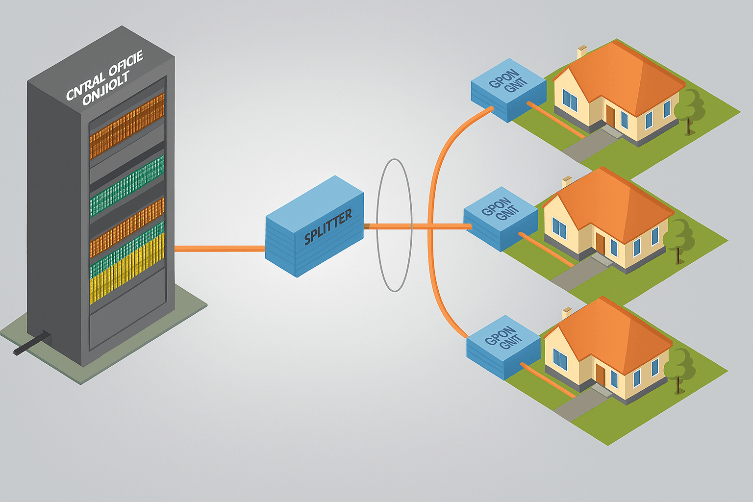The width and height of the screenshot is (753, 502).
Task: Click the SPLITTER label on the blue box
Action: point(327,226)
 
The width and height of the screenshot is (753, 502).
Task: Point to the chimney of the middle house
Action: point(567,181)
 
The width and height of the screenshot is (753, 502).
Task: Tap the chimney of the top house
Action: point(582,51)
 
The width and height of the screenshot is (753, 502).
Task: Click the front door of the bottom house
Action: point(600,375)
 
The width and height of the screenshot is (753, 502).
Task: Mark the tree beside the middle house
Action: point(679,238)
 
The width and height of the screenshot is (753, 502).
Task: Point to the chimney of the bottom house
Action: point(567,312)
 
